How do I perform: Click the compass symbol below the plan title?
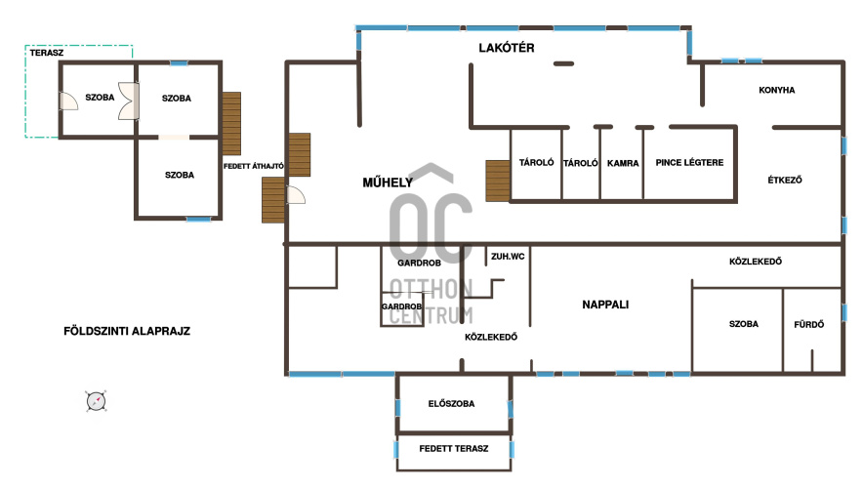[97, 401]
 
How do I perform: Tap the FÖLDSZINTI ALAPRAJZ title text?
[127, 331]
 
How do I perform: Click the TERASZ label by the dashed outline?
[47, 53]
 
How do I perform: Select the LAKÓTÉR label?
[507, 48]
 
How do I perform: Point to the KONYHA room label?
[776, 90]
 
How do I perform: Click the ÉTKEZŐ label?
[785, 180]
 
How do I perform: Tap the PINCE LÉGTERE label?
[689, 163]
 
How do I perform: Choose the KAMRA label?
[623, 163]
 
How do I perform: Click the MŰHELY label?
[388, 183]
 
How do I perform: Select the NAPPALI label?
[605, 305]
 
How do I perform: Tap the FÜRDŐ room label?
[809, 325]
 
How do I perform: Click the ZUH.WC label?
[508, 257]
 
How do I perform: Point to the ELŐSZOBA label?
[451, 404]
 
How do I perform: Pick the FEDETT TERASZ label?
[454, 449]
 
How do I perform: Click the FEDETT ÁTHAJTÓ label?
[254, 166]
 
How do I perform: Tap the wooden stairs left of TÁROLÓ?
[498, 181]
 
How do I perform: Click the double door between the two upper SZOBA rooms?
[129, 101]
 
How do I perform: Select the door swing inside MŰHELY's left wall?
[296, 195]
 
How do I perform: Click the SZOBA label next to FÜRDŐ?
[744, 325]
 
